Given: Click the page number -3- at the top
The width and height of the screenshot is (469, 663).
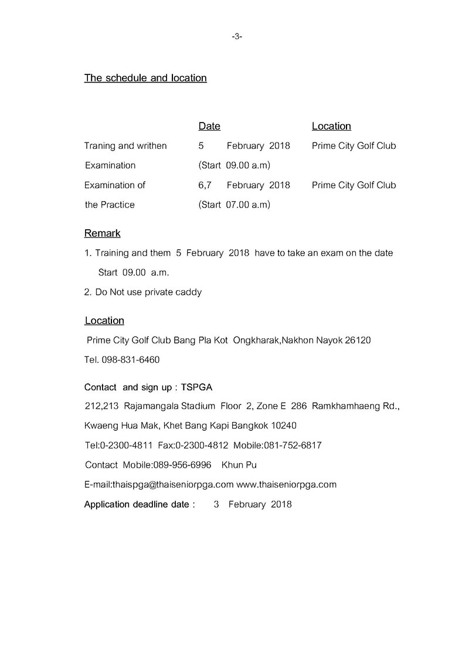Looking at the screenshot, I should point(237,36).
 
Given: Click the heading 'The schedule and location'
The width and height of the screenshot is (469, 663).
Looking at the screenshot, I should point(145,78).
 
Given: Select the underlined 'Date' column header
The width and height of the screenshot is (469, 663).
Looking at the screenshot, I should point(209,126).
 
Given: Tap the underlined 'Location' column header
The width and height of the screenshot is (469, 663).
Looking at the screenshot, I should point(331,126).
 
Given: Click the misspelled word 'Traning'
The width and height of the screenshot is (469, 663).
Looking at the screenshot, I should point(100,145).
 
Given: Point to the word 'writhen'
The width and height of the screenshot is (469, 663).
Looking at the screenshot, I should point(151,145).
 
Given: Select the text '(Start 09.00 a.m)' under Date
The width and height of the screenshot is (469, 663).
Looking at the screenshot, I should point(234,165).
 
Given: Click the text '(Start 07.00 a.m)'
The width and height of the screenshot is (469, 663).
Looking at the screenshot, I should point(234,205).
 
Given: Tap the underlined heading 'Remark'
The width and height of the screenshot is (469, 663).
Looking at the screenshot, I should point(103,233).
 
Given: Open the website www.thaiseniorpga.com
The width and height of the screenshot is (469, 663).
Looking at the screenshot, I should point(286,485).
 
